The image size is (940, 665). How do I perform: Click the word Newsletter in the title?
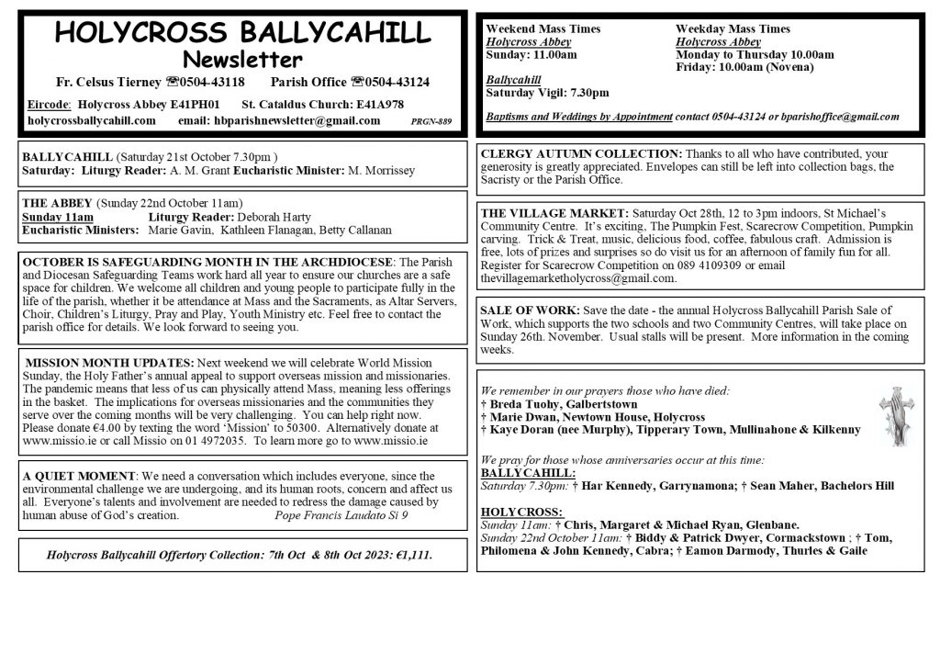[242, 61]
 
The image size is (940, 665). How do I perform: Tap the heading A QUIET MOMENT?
[80, 476]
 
